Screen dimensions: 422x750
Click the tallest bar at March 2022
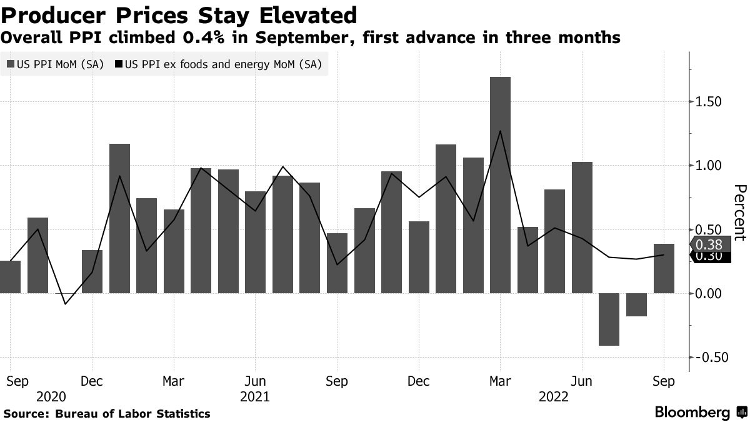(501, 185)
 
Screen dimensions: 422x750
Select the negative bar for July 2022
(609, 319)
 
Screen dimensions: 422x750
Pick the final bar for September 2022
(664, 269)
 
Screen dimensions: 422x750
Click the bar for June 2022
(582, 228)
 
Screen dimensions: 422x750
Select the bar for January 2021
(120, 219)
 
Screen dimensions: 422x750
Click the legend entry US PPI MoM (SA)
(55, 64)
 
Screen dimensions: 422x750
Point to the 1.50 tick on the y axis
(708, 101)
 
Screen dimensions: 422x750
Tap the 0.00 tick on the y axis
(708, 293)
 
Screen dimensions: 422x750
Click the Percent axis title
(739, 213)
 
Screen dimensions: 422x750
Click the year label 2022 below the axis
(554, 396)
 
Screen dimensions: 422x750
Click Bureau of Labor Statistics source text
(132, 413)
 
